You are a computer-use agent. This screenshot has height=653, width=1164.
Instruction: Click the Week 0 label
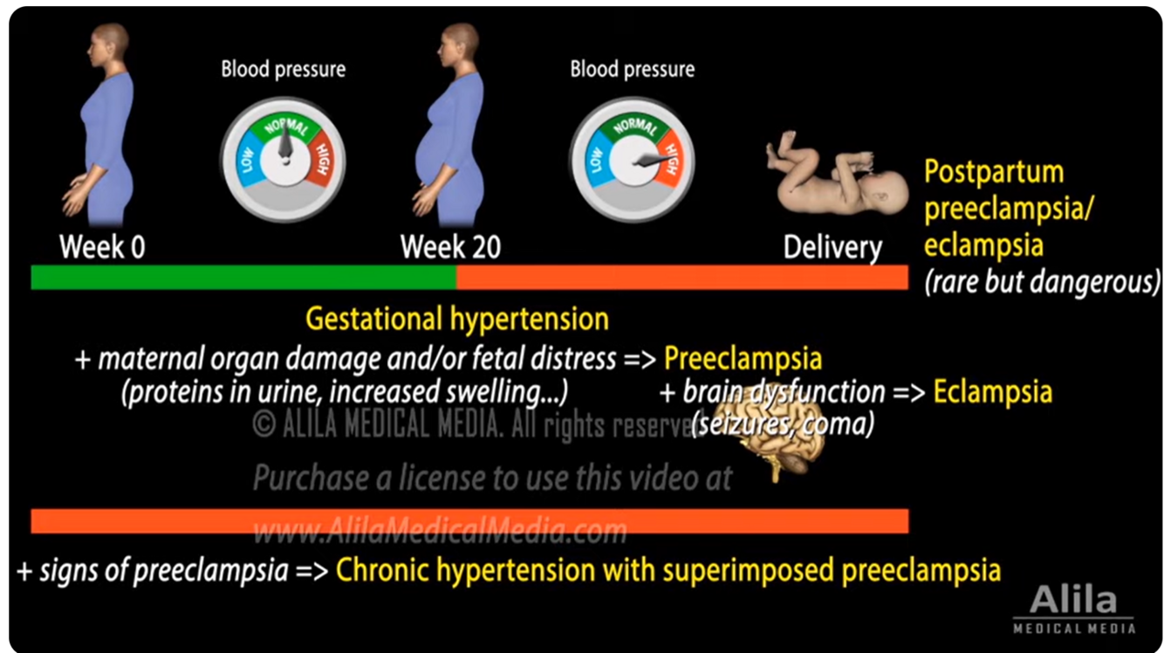coord(102,247)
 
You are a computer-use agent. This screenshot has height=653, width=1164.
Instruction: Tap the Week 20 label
coord(450,247)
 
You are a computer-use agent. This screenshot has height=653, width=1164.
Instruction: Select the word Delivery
coord(832,248)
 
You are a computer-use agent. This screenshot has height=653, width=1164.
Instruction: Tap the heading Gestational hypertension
coord(456,319)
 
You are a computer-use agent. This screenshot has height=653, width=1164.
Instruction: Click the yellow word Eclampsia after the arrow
coord(992,392)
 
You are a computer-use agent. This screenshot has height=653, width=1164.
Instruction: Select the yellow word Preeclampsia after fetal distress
coord(743,358)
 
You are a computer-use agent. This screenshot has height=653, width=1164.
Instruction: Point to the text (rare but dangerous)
coord(1042,281)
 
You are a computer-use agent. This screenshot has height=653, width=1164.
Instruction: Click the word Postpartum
coord(993,171)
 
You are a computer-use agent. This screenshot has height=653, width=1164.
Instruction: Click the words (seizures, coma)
coord(783,424)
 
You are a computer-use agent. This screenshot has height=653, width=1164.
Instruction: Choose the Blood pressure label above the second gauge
coord(633,69)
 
